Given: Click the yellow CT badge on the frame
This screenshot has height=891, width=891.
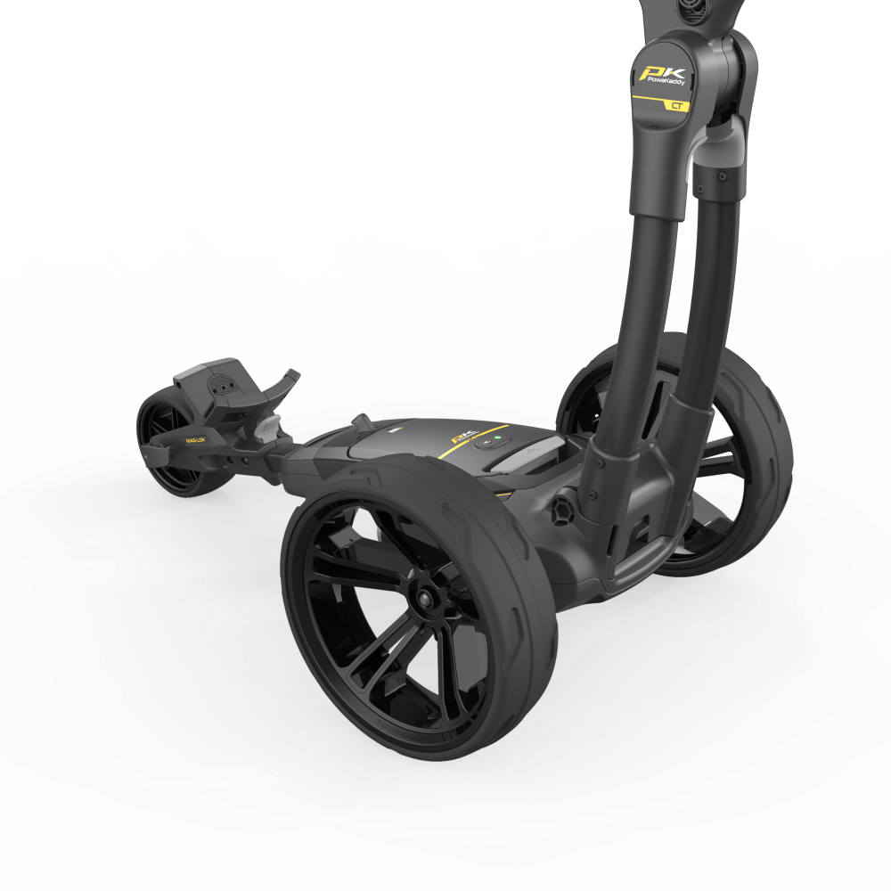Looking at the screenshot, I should [680, 105].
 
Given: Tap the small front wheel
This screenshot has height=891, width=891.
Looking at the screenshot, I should [169, 445].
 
